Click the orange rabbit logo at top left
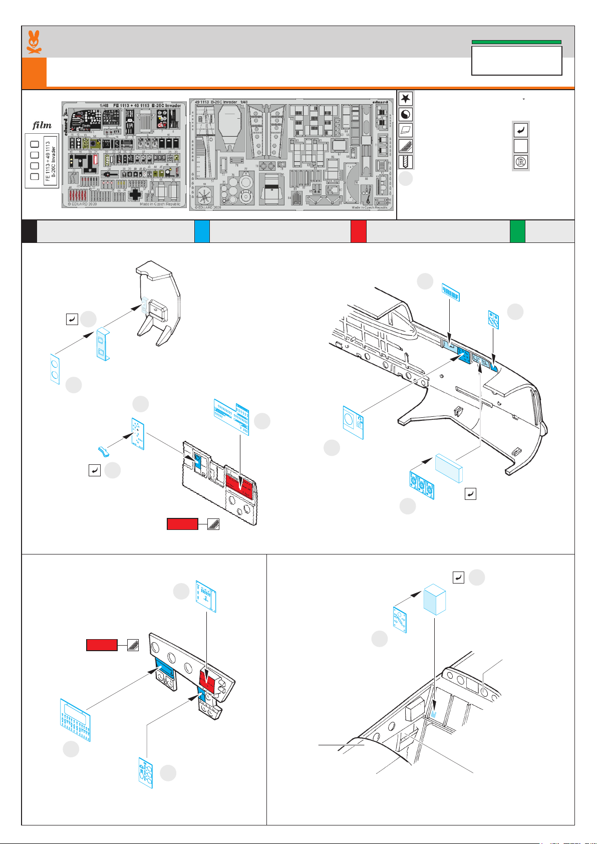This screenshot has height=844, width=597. (x=34, y=42)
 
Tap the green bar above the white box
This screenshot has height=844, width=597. (x=516, y=42)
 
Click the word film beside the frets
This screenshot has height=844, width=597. (x=42, y=125)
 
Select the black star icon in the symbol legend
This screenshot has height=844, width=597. (x=406, y=99)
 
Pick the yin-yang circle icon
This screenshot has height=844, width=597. (x=406, y=115)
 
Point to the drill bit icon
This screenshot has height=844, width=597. (x=406, y=162)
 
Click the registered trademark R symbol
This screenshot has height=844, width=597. (x=521, y=162)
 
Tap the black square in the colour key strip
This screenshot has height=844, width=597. (x=29, y=231)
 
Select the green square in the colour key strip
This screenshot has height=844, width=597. (x=517, y=231)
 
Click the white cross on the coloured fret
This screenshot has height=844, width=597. (x=136, y=194)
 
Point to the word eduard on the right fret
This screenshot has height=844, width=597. (x=380, y=102)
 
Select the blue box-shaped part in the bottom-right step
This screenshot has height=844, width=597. (x=434, y=600)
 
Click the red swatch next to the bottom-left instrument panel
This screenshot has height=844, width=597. (x=102, y=645)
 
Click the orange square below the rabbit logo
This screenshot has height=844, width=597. (x=34, y=73)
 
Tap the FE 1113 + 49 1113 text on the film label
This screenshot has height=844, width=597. (x=48, y=160)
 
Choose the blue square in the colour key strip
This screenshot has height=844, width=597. (x=202, y=231)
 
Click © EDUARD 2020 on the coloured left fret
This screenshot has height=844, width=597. (x=83, y=204)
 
